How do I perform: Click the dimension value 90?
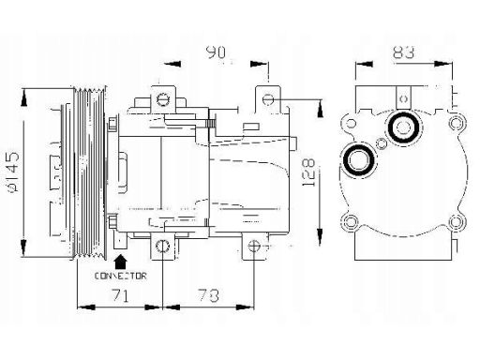tap(217, 52)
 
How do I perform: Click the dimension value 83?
tap(404, 52)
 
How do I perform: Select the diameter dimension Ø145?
tap(13, 172)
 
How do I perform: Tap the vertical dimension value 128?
tap(309, 172)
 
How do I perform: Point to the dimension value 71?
tap(120, 294)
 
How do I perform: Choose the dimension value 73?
tap(208, 295)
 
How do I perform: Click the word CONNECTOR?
tap(120, 276)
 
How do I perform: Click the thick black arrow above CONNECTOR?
tap(120, 262)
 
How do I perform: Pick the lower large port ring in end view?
tap(358, 160)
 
